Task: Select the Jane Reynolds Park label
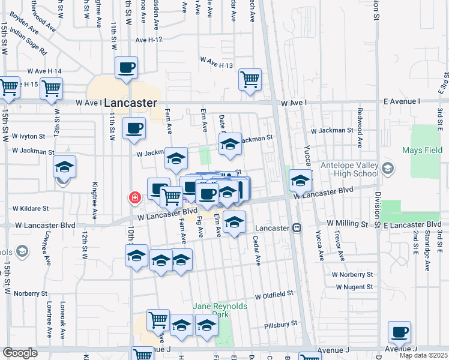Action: point(220,310)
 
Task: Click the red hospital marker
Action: point(136,197)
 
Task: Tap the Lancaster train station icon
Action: point(297,228)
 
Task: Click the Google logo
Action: point(20,353)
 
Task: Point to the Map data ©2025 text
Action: point(423,355)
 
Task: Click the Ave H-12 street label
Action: point(149,40)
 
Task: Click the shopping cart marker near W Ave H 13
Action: point(250,79)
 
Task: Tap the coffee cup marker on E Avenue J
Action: point(399,332)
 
